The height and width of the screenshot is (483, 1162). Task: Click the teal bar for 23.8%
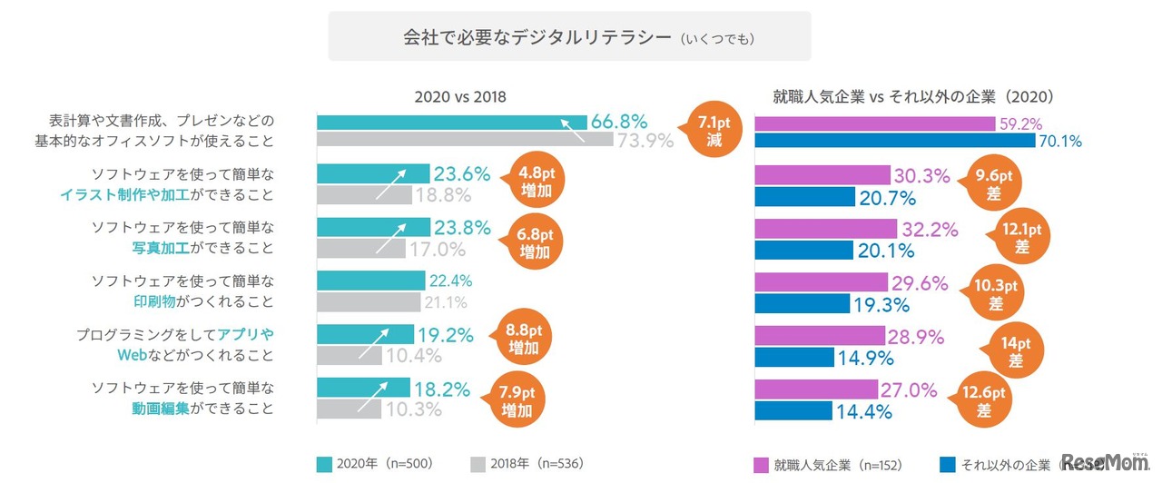point(373,227)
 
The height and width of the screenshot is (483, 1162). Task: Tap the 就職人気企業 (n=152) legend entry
point(817,464)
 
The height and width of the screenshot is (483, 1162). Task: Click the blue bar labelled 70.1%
point(895,141)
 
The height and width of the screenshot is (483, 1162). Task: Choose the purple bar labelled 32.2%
point(825,228)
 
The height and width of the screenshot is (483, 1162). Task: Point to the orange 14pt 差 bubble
point(1015,350)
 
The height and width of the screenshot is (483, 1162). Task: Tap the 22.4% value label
point(450,281)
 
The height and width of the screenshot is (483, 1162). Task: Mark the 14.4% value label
point(867,410)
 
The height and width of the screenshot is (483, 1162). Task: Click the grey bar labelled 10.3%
point(349,409)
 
